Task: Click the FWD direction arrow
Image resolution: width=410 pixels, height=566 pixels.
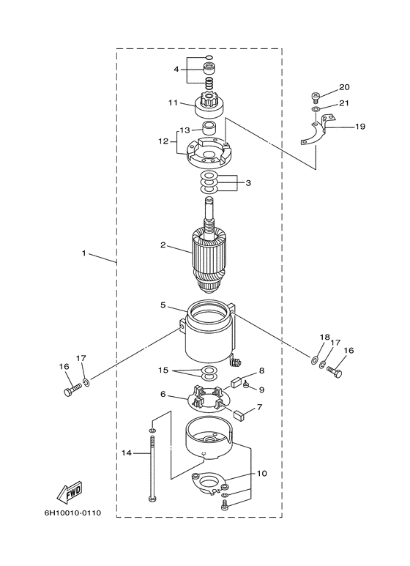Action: [70, 492]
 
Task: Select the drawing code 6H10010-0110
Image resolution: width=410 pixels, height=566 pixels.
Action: [73, 513]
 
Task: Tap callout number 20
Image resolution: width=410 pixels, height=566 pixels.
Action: [344, 87]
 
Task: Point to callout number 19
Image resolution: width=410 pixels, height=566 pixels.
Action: [359, 127]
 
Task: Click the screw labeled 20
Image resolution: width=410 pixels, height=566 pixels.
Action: [314, 97]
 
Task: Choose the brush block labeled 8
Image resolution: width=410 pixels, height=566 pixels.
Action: [237, 382]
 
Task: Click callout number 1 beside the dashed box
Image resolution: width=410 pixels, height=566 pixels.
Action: [84, 253]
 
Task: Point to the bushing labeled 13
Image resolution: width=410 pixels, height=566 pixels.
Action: [208, 128]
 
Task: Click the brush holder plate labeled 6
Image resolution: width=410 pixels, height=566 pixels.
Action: [209, 399]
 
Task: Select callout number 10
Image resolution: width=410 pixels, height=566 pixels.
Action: [261, 473]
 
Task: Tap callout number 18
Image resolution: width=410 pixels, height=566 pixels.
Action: [324, 337]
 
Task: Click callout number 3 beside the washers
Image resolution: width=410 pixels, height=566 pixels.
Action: [248, 183]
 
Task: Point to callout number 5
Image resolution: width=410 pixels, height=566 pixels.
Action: [163, 305]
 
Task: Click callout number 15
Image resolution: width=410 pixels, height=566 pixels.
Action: [163, 370]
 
